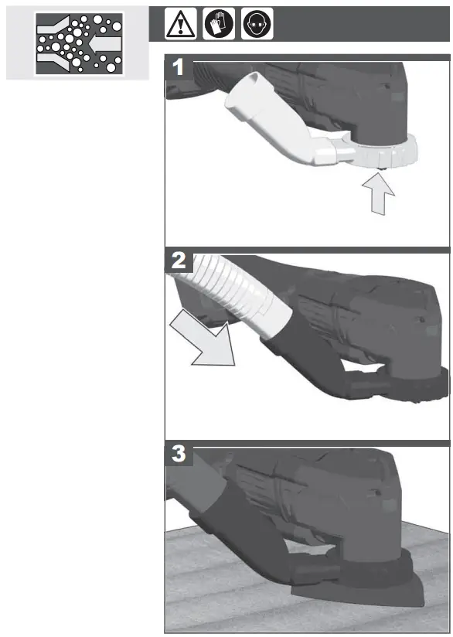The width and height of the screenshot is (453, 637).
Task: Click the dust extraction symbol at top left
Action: [78, 43]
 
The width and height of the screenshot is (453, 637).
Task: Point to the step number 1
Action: [179, 67]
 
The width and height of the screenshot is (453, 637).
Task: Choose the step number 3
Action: [179, 455]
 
